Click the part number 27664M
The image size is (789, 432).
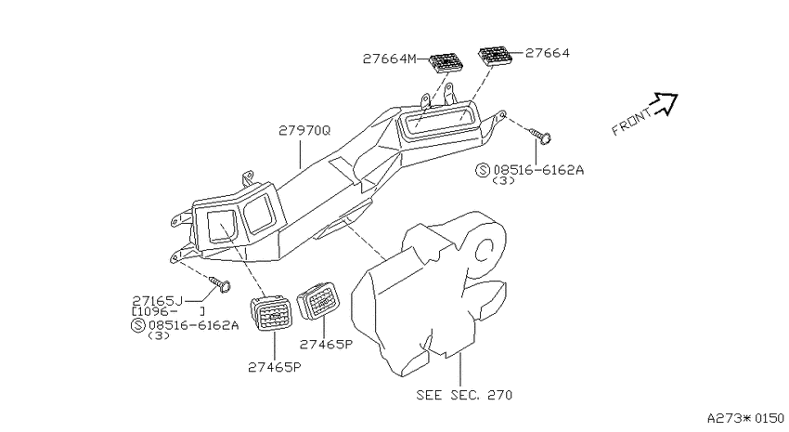click(x=390, y=59)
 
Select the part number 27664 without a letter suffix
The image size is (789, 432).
click(x=548, y=53)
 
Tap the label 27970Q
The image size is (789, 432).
click(x=304, y=130)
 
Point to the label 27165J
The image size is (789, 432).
click(x=158, y=301)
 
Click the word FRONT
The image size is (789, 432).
click(x=631, y=123)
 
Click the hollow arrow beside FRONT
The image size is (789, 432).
click(x=665, y=103)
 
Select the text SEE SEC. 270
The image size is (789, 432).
click(x=464, y=395)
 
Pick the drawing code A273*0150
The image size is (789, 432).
click(x=745, y=418)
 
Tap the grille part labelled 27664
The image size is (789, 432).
click(x=494, y=55)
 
